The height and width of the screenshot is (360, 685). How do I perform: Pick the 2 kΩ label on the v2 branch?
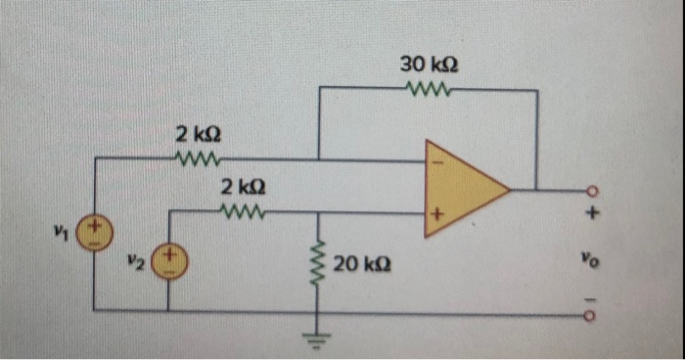pyautogui.click(x=241, y=186)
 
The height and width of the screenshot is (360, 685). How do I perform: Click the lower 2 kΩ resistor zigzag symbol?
pyautogui.click(x=242, y=210)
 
